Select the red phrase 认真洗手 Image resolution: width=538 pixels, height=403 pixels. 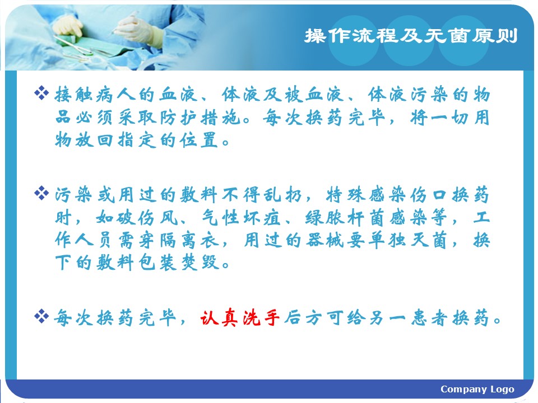pos(240,318)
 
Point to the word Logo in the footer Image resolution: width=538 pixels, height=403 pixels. pos(502,390)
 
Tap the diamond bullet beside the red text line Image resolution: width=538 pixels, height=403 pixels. pos(41,316)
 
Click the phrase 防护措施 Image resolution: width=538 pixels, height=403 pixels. pos(200,118)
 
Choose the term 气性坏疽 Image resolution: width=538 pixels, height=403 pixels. pos(241,218)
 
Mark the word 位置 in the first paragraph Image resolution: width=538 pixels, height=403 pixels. pos(200,140)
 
